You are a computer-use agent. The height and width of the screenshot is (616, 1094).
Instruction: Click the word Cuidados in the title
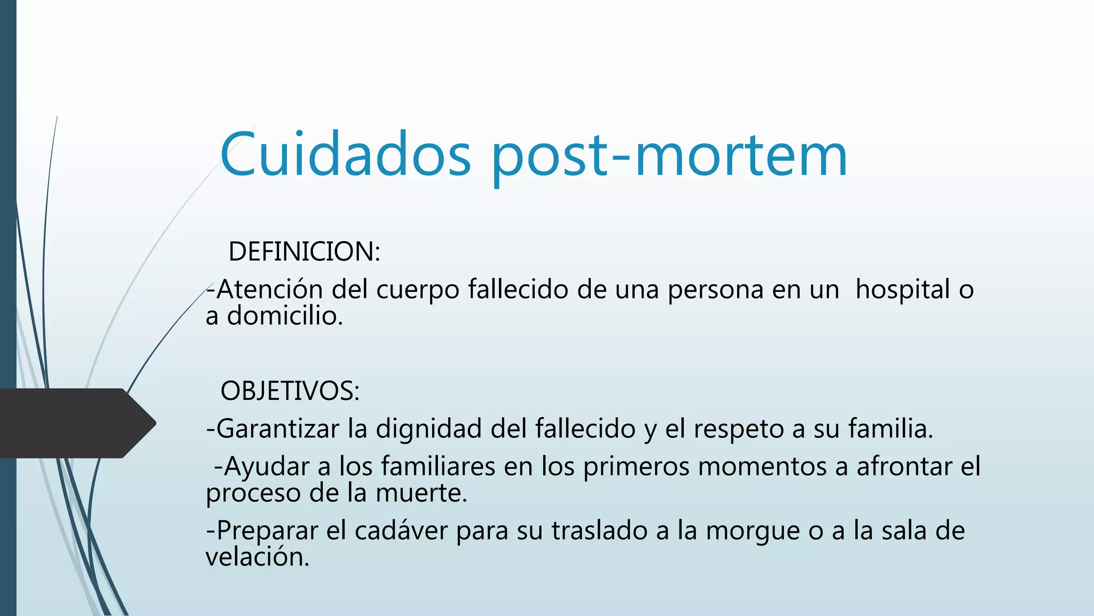(345, 155)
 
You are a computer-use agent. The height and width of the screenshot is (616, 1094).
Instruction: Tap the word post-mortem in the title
(669, 156)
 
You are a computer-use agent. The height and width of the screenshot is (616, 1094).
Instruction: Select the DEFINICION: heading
(304, 251)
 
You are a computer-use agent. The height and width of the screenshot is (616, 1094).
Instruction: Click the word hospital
(902, 289)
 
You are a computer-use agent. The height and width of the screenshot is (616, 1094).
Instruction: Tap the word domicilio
(285, 316)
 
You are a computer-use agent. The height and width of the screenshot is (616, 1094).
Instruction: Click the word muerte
(421, 493)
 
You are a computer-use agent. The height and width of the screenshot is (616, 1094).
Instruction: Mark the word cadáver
(401, 530)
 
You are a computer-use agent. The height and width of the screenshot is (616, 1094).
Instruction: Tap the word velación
(257, 557)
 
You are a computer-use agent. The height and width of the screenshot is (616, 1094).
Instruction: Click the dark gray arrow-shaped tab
(75, 423)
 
